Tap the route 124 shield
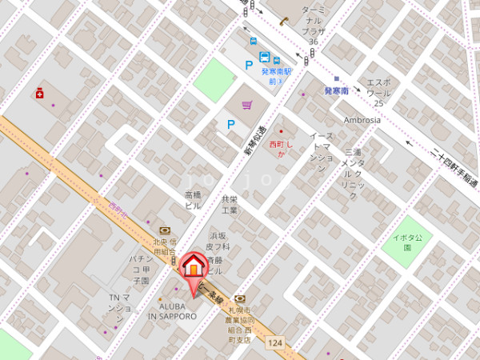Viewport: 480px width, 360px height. click(276, 342)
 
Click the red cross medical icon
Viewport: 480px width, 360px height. click(39, 94)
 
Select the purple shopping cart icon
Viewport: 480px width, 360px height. click(247, 103)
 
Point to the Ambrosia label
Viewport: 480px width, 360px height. click(362, 120)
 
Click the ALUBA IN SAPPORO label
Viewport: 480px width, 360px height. click(171, 311)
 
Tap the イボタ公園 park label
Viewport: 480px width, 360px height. click(413, 242)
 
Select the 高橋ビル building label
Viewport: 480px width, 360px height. click(193, 200)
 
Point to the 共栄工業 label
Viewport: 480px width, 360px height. click(230, 205)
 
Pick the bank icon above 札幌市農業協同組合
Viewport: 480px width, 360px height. click(238, 298)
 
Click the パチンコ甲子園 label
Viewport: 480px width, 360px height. click(140, 270)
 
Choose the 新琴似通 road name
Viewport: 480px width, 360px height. click(254, 140)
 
